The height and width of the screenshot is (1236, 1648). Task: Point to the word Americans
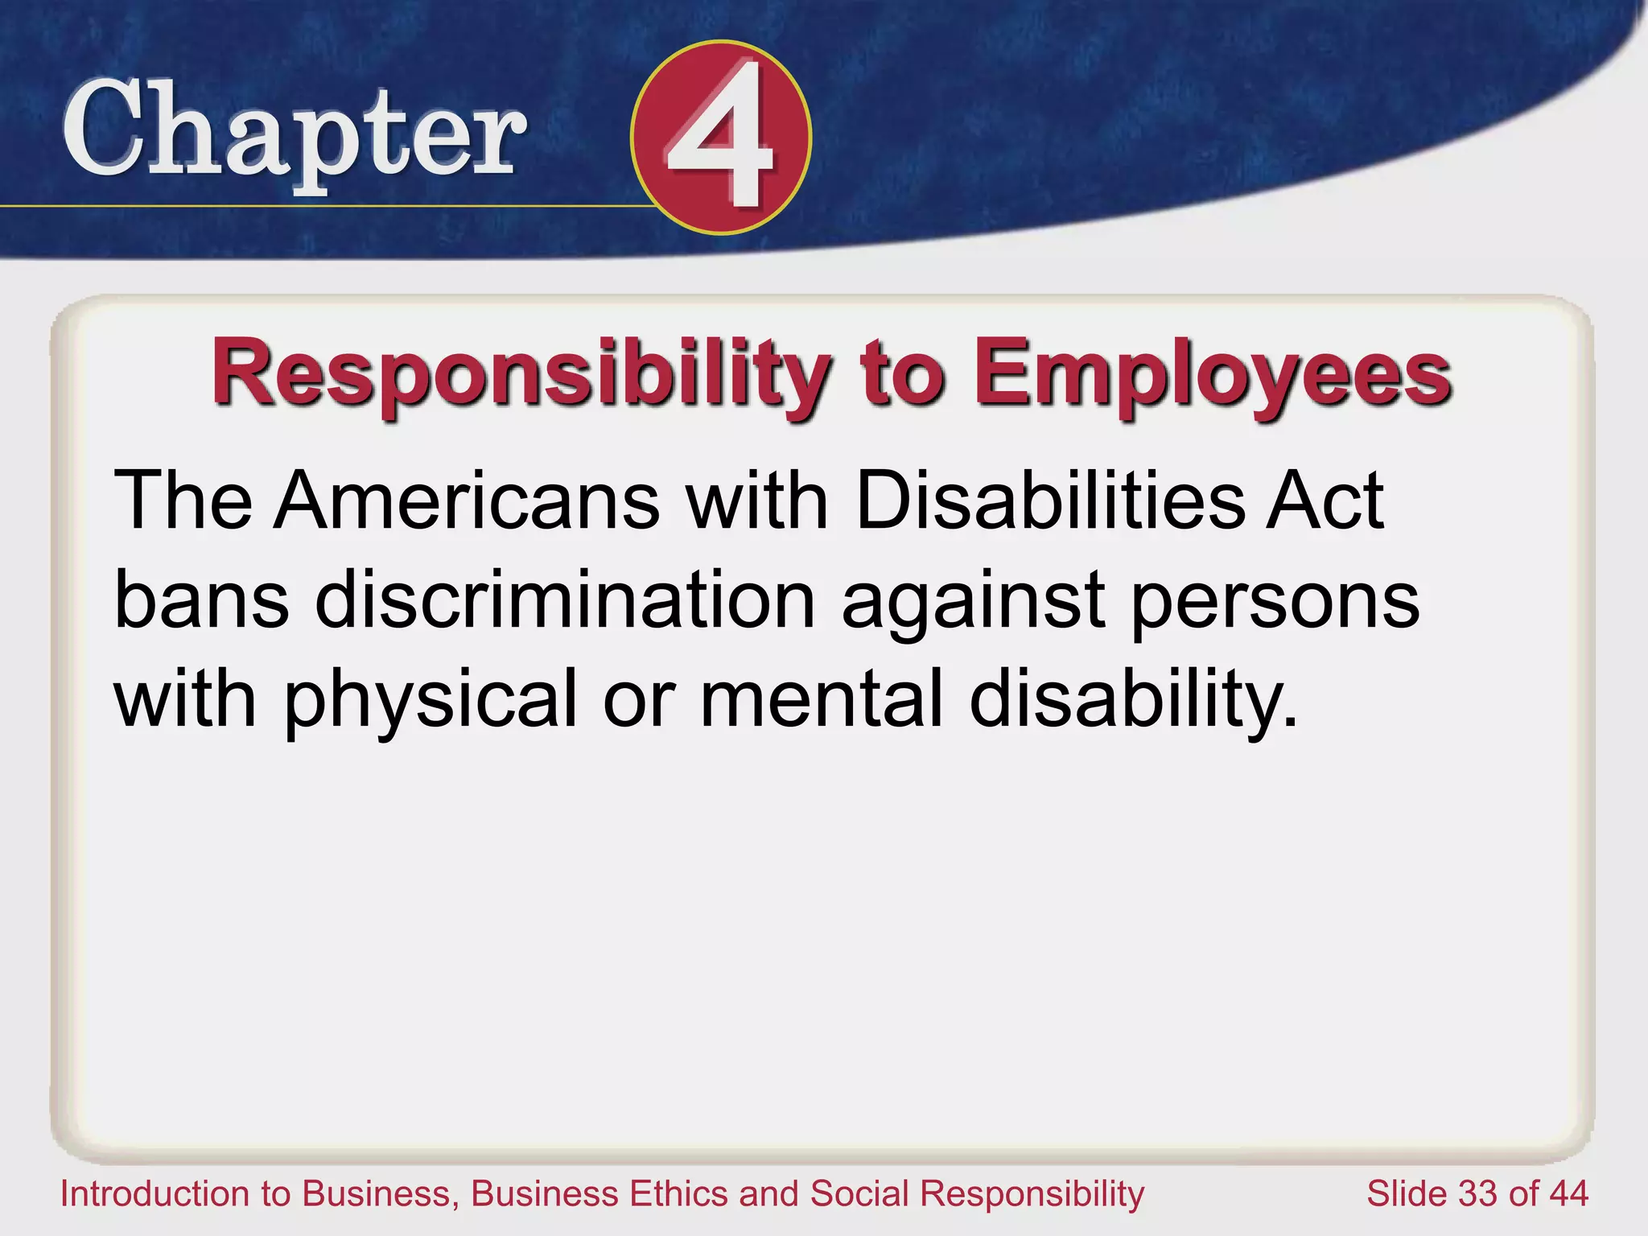point(467,501)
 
